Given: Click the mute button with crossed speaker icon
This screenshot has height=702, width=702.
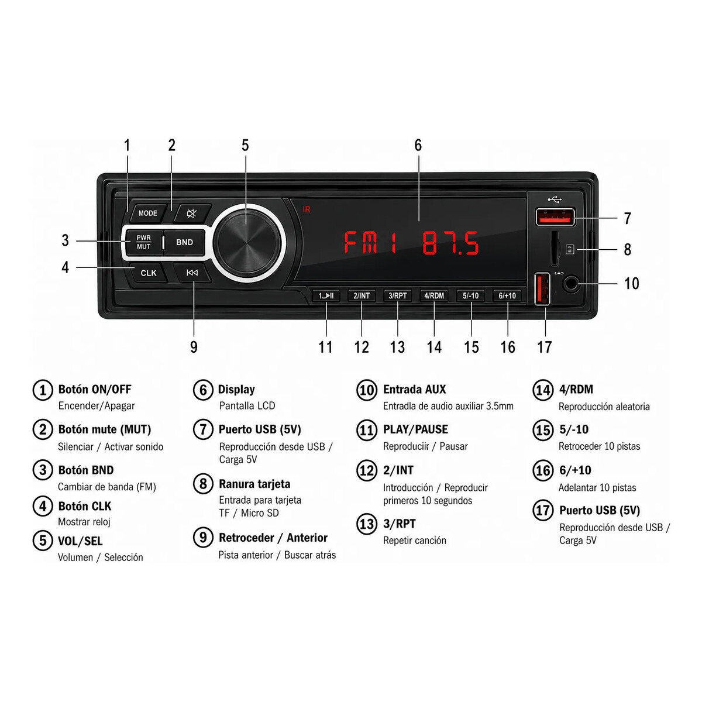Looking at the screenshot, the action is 192,213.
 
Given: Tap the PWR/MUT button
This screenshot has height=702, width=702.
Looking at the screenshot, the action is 144,242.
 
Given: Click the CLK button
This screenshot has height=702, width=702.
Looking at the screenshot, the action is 148,273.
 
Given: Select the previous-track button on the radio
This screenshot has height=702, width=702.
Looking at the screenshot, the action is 192,273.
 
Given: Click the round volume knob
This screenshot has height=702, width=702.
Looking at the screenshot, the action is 247,243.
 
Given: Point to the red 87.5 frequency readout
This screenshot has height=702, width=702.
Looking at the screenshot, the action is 450,243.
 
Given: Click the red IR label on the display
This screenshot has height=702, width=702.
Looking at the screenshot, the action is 307,209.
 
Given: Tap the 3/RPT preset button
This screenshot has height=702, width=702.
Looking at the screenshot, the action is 397,295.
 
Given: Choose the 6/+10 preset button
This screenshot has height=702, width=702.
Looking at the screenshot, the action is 507,295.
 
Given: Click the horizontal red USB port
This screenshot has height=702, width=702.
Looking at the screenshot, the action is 555,217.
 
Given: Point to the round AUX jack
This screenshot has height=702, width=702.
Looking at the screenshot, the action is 571,283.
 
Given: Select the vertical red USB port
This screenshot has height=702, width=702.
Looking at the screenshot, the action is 542,289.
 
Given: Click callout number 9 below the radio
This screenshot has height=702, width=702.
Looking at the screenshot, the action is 194,347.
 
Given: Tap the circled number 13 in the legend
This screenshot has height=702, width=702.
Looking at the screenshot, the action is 366,524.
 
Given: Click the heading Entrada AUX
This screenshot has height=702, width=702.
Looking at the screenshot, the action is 414,389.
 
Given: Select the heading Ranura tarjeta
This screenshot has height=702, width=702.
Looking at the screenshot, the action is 254,484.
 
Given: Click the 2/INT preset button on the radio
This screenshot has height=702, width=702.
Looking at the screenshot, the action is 362,295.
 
